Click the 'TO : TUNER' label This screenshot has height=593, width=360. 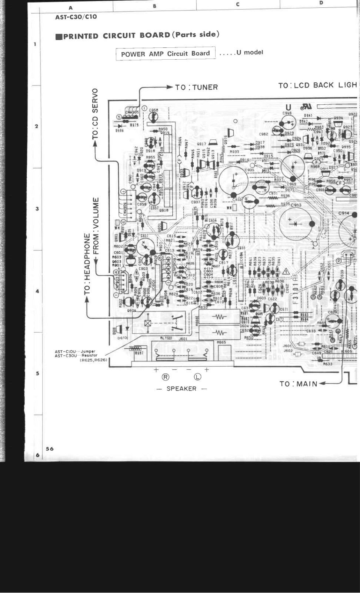coord(196,87)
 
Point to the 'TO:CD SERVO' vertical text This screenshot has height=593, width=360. coord(95,114)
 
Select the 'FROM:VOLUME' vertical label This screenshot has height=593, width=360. coord(96,226)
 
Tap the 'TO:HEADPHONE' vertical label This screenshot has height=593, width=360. coord(87,264)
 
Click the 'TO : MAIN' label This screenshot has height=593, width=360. coord(299,384)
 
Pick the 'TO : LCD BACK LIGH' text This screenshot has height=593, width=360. coord(317,85)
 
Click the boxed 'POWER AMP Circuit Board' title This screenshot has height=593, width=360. coord(165,54)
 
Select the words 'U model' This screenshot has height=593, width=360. coord(250,52)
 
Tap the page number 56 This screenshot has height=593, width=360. coord(50,449)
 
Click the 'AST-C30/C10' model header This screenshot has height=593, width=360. coord(76,17)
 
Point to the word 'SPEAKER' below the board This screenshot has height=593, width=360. coord(181,389)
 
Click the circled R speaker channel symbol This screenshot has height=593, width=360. coord(166,377)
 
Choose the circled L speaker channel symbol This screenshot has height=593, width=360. coord(197,377)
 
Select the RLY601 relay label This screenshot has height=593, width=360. coord(167,338)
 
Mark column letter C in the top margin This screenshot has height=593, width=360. coord(237,4)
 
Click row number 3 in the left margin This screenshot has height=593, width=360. coord(37,209)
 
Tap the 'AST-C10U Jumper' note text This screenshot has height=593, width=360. coord(75,352)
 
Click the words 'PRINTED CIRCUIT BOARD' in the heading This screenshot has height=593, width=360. coord(116,36)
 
